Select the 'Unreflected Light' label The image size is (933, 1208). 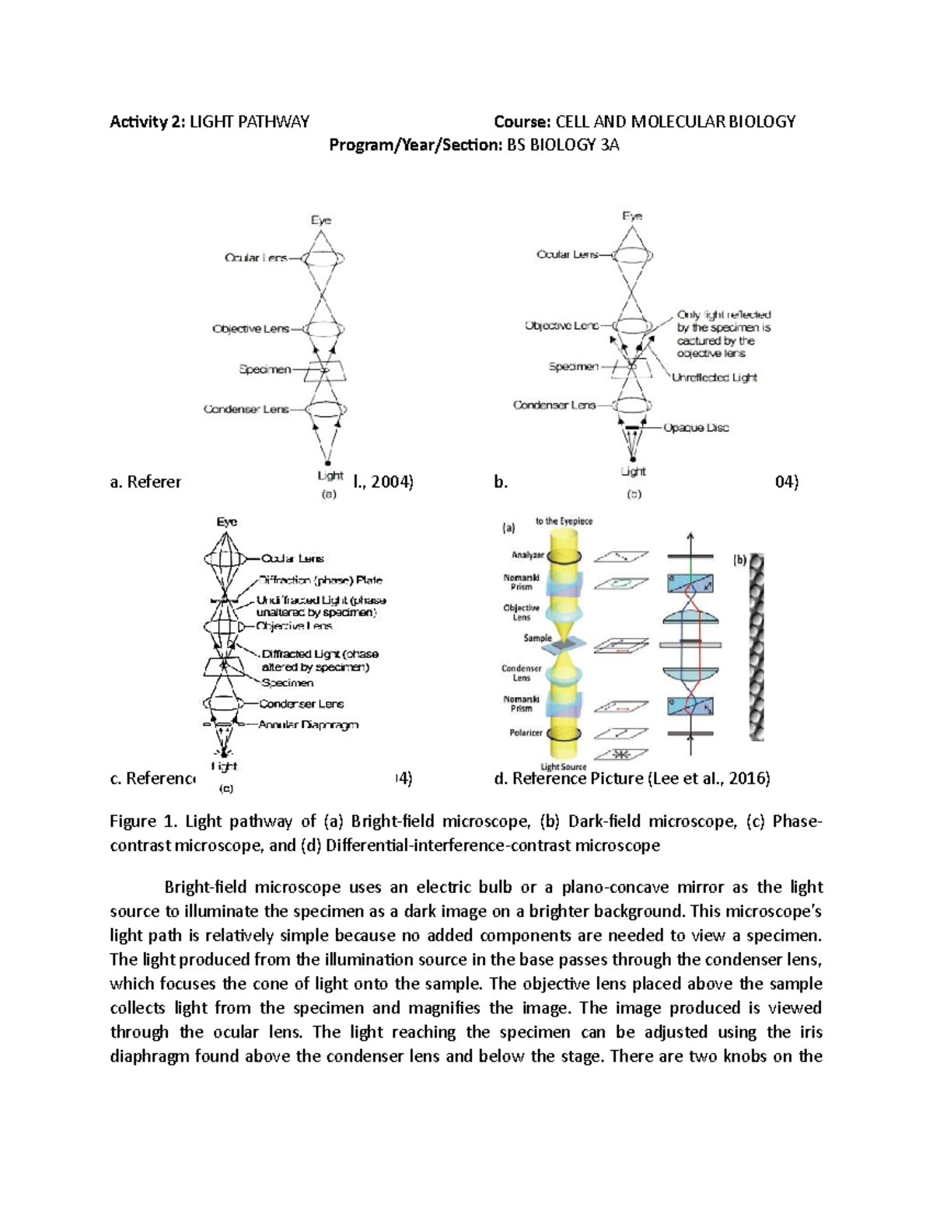[714, 377]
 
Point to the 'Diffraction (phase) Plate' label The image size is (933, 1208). [320, 580]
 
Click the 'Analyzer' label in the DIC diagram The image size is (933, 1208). [526, 555]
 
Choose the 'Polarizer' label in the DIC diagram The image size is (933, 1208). [526, 733]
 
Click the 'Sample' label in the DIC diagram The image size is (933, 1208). [537, 638]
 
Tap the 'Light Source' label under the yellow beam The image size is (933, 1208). [563, 767]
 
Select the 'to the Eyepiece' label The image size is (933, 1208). [564, 521]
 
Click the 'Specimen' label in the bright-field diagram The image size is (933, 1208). [264, 369]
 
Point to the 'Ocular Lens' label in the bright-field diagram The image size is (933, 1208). [256, 257]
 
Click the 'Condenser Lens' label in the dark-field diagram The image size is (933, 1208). [554, 405]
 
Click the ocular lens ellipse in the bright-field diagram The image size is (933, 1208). [322, 258]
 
